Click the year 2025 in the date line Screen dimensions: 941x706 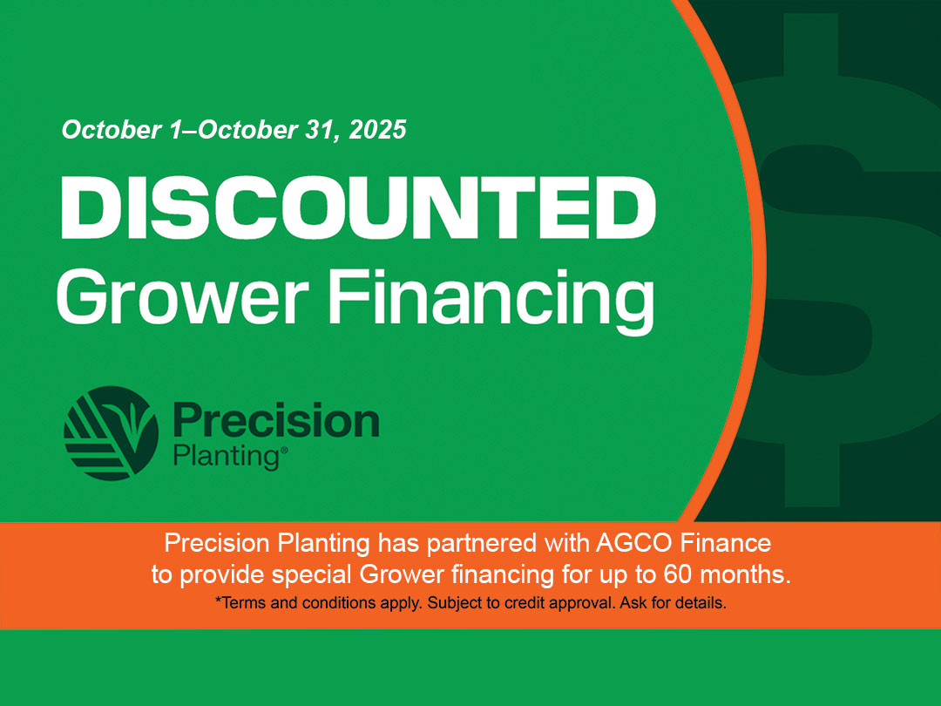(377, 130)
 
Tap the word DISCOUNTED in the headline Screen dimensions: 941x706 (358, 207)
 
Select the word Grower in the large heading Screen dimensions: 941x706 (182, 298)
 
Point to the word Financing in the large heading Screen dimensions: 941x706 (491, 301)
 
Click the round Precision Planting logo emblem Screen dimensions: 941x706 (111, 433)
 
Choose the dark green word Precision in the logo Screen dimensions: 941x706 (276, 419)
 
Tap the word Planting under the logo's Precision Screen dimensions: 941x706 (227, 457)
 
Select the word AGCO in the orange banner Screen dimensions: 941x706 (633, 543)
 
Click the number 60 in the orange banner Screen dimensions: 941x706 (678, 574)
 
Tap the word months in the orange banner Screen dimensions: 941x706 (745, 574)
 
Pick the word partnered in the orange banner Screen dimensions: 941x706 (481, 544)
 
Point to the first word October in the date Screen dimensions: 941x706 (112, 130)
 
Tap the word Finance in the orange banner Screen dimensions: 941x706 (726, 543)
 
